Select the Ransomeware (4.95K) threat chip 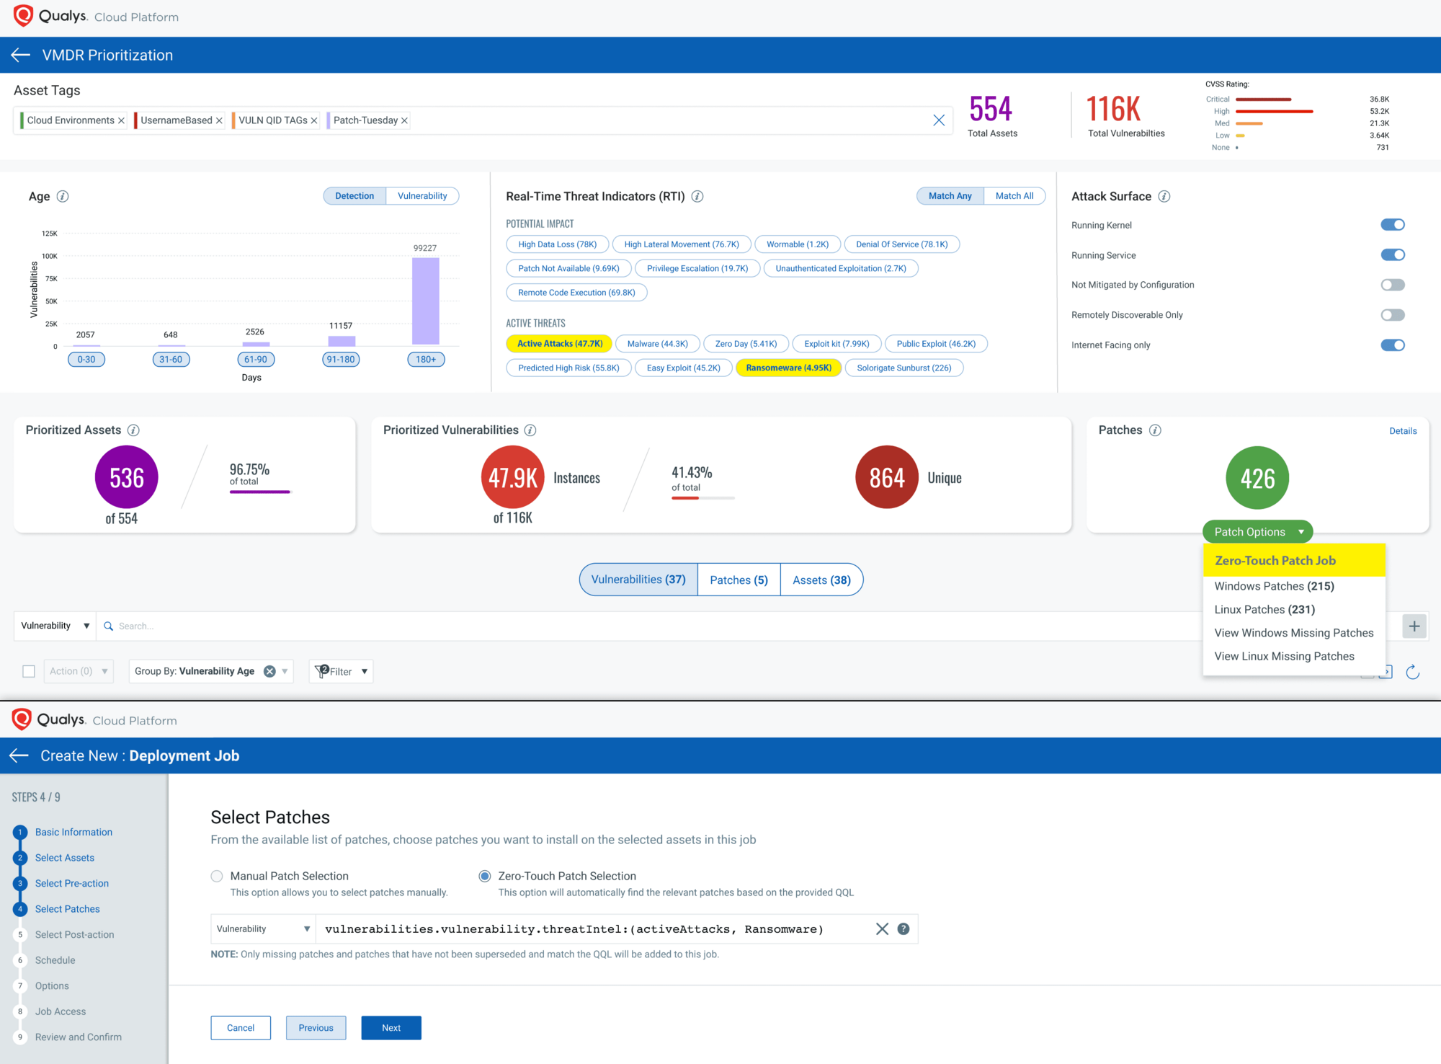[788, 368]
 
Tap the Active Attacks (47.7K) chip [559, 344]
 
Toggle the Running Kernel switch [1392, 225]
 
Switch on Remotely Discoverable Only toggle [1392, 315]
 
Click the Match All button [1014, 196]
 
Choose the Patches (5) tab [739, 580]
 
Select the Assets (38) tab [821, 580]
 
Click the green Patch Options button [1257, 532]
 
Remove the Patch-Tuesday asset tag [404, 120]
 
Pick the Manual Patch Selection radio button [217, 876]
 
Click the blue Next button [391, 1028]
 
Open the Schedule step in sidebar [55, 960]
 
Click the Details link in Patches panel [1402, 431]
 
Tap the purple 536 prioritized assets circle [127, 477]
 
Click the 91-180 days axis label [341, 359]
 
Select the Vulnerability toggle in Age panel [422, 196]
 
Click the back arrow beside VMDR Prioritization [20, 55]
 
